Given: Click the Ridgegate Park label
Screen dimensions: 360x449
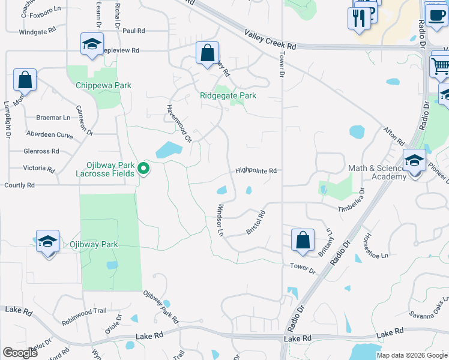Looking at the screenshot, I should [x=228, y=95].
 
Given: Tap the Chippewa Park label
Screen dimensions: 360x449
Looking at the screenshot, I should [x=103, y=85].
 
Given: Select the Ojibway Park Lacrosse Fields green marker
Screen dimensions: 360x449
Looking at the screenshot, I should [x=143, y=169].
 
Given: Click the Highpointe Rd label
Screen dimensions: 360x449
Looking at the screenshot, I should [x=256, y=170].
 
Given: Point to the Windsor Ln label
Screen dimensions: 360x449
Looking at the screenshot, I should [x=220, y=219].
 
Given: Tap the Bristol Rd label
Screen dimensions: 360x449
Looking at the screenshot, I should [x=256, y=222].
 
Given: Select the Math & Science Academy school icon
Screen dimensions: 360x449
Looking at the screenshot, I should [x=415, y=161].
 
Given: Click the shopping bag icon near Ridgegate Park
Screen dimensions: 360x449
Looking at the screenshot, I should [x=207, y=53].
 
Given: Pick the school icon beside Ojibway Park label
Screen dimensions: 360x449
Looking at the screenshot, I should [x=47, y=241].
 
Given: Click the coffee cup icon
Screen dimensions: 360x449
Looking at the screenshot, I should [x=435, y=14].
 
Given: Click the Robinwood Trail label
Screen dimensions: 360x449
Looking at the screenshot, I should [x=84, y=311].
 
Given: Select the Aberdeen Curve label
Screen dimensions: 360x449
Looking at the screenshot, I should [x=49, y=136].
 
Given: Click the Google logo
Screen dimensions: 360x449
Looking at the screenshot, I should [x=20, y=353].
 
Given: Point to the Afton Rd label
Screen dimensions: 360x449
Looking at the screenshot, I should [x=394, y=136].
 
